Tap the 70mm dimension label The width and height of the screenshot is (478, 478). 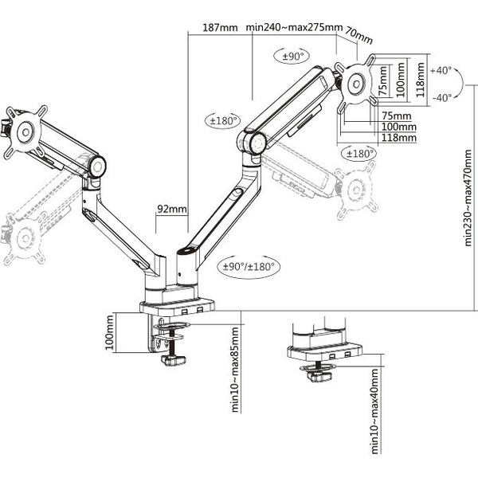359,37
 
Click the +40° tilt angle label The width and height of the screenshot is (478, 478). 440,70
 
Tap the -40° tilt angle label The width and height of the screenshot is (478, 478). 440,97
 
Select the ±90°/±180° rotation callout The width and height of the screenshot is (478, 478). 248,267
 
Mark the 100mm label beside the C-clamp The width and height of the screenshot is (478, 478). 109,334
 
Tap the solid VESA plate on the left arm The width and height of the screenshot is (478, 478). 24,130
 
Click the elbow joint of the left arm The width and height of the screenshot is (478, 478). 97,167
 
